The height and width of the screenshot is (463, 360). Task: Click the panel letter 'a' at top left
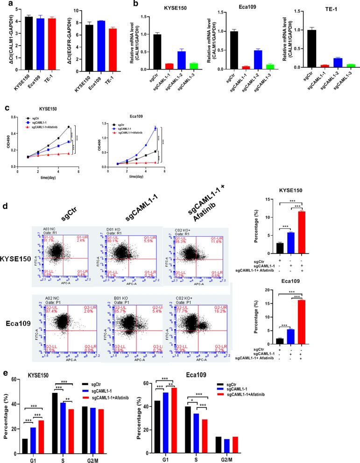pyautogui.click(x=5, y=5)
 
